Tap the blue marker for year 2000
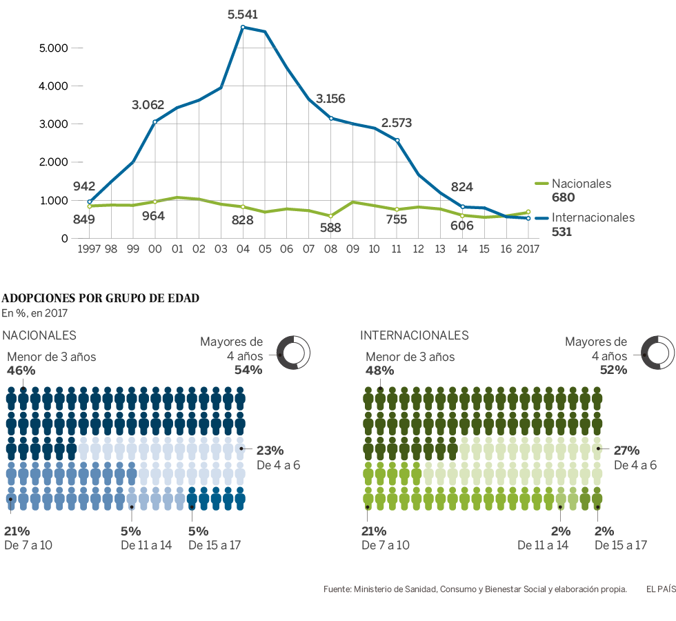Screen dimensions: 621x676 [155, 122]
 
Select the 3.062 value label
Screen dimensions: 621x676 [148, 105]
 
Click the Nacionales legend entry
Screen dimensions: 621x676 [581, 184]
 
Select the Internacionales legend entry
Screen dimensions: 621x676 [593, 218]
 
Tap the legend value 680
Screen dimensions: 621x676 [563, 198]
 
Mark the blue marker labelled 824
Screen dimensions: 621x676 [462, 206]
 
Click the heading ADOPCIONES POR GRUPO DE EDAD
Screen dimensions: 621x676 [101, 299]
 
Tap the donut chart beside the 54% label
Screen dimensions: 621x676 [292, 353]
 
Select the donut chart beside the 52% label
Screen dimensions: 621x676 [657, 353]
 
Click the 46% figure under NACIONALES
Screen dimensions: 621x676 [21, 371]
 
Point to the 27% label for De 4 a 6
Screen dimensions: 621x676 [628, 450]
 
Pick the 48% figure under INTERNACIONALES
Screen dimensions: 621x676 [379, 371]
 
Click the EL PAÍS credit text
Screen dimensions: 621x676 [660, 589]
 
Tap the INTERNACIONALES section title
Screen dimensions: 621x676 [414, 335]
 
